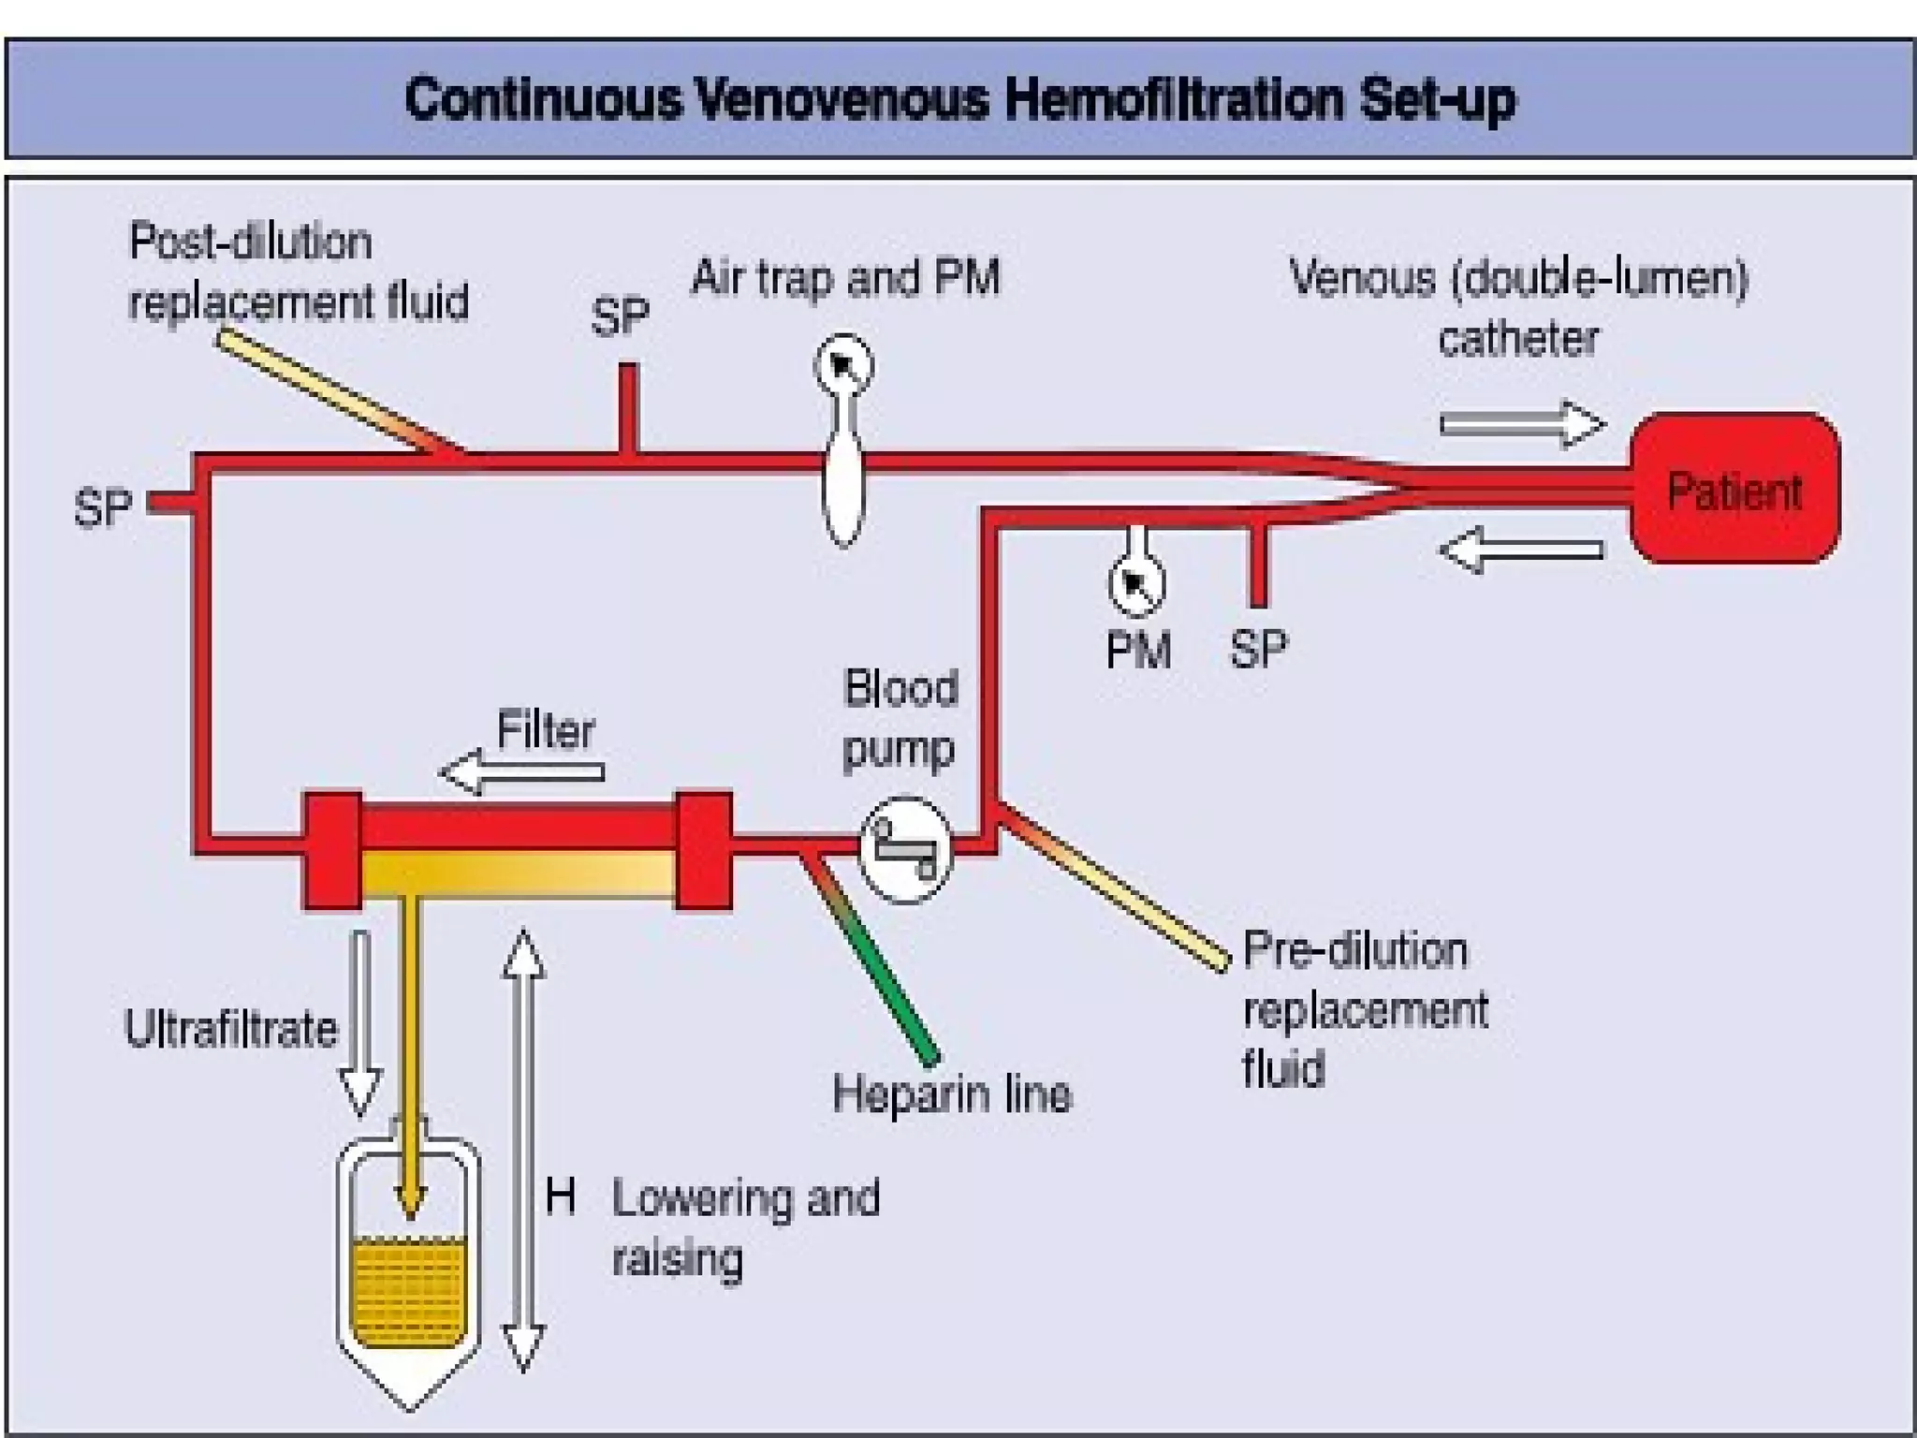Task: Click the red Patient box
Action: click(1734, 488)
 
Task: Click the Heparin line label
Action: click(952, 1094)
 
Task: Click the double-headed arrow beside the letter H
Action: click(523, 1152)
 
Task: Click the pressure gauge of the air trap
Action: click(844, 364)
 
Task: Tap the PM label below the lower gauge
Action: click(1138, 650)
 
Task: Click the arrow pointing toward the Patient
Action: click(1522, 423)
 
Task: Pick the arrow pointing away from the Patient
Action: click(1522, 550)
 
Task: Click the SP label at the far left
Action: click(103, 508)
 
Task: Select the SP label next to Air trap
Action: click(620, 316)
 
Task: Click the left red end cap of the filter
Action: click(332, 850)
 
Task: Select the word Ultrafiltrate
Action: click(231, 1029)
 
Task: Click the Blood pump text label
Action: click(900, 718)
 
